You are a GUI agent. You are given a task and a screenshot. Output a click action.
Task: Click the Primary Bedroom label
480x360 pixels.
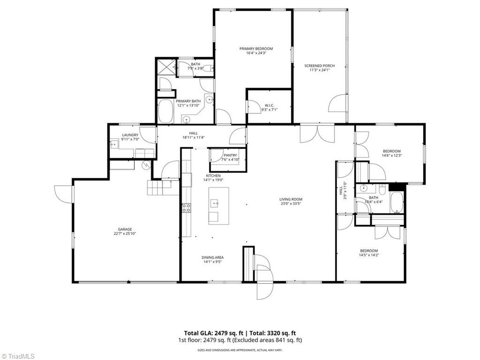[x=256, y=49]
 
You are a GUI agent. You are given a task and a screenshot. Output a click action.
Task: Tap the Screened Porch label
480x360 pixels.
[x=319, y=66]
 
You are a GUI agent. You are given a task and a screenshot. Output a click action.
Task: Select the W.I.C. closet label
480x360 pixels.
[x=269, y=105]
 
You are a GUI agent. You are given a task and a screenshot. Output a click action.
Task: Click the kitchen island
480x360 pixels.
[x=219, y=206]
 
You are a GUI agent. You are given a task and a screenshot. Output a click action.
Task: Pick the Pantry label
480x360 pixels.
[x=230, y=155]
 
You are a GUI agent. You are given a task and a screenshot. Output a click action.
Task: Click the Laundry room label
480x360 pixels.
[x=130, y=135]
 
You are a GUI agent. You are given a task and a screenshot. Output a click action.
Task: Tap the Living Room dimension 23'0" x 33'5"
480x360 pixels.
[x=291, y=204]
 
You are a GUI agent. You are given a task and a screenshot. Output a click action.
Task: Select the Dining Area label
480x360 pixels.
[x=212, y=257]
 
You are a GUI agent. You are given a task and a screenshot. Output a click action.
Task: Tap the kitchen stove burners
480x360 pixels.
[x=186, y=208]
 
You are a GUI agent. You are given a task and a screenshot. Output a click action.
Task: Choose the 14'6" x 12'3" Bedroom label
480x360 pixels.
[x=391, y=151]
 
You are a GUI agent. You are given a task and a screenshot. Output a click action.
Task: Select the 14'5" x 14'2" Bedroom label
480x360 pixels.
[x=368, y=251]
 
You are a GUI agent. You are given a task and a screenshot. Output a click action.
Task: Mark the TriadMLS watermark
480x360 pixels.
[x=18, y=356]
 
